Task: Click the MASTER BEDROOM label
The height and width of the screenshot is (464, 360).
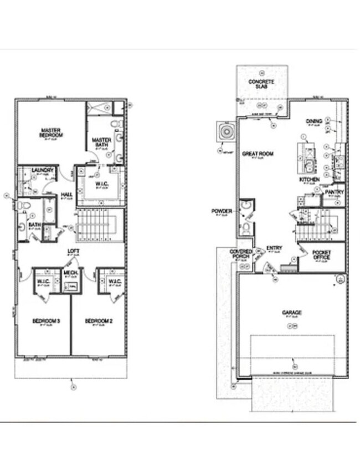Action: (x=51, y=133)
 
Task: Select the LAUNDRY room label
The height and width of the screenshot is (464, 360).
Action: (x=42, y=170)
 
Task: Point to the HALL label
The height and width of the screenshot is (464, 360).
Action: (x=67, y=194)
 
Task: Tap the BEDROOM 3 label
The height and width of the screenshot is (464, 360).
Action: (x=42, y=322)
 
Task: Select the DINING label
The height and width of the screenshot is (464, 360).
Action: (x=314, y=121)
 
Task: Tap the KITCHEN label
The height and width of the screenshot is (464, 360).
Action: (x=309, y=180)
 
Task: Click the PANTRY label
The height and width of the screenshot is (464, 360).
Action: (x=334, y=192)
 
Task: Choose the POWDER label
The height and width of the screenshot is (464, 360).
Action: (x=222, y=211)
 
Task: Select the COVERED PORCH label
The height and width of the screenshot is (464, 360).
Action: (x=241, y=254)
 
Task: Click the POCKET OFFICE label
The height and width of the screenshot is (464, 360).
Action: (x=322, y=255)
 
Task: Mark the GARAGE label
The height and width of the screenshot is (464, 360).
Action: (x=292, y=313)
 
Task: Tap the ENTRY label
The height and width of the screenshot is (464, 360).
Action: (x=274, y=248)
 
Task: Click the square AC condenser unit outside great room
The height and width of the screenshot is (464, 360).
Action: (x=227, y=131)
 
